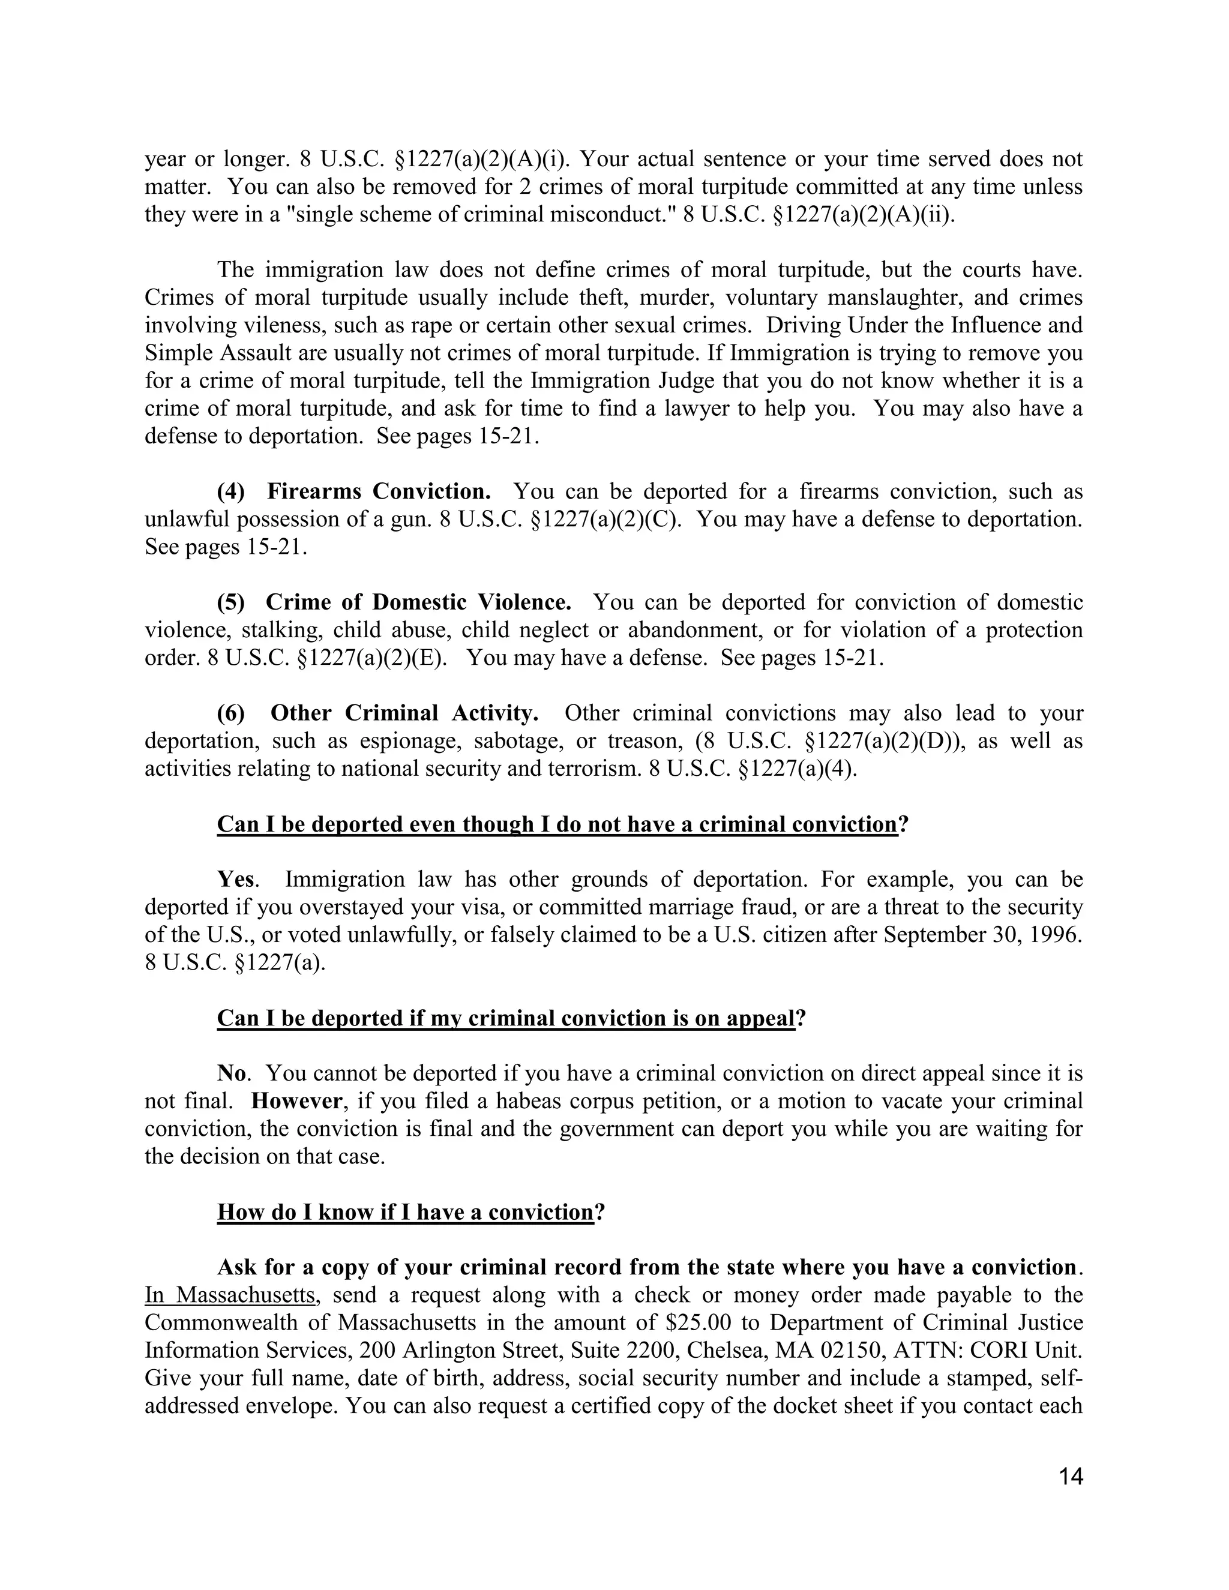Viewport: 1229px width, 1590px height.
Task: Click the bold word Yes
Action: (236, 880)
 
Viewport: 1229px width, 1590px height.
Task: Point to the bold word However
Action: (296, 1101)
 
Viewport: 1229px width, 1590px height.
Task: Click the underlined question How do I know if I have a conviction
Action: (406, 1212)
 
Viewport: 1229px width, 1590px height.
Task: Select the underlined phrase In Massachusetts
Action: (230, 1295)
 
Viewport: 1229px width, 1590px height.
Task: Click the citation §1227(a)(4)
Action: (798, 769)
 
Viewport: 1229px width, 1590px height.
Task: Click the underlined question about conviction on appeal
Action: (505, 1018)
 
